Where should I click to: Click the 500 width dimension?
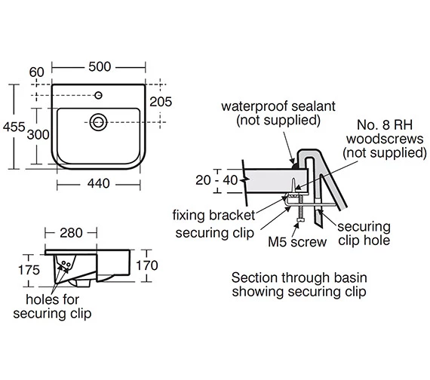100,66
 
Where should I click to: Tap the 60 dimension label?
36,72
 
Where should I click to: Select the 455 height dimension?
14,127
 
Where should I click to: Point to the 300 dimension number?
38,135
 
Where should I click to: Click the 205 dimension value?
161,102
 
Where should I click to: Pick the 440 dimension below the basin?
99,183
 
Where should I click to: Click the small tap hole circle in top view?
99,95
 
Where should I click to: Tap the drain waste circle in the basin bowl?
98,122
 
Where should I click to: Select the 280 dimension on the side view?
71,233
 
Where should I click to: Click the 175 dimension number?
29,270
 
